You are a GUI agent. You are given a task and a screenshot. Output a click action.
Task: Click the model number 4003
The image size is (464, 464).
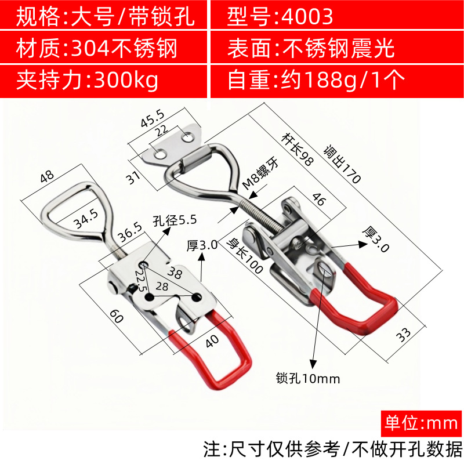point(307,17)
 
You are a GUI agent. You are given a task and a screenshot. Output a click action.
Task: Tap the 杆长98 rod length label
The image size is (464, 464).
point(297,149)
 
